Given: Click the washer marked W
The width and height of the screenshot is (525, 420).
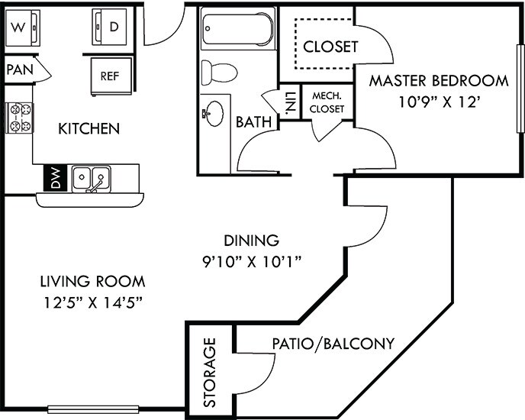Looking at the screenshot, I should [x=20, y=28].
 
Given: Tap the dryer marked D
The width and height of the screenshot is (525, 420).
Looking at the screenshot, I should [x=111, y=28].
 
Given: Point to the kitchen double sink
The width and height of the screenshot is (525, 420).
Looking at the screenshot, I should [x=92, y=179].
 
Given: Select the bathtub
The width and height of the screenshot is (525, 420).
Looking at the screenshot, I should [x=237, y=29].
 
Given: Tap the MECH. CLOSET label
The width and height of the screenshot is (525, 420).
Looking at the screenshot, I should [x=327, y=102].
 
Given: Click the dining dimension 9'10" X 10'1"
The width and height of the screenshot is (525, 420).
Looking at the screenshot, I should [x=247, y=262].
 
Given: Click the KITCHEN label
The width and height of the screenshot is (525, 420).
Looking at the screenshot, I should [x=89, y=128].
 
